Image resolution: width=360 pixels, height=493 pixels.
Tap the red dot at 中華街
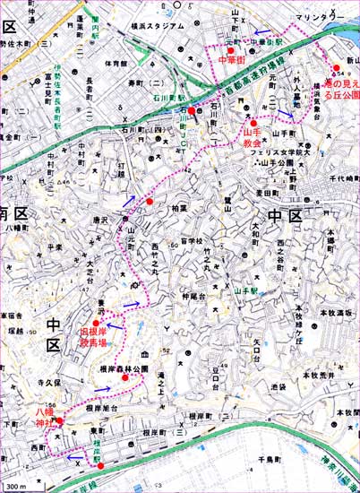point(231,50)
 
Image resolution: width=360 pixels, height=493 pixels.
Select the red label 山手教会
point(252,136)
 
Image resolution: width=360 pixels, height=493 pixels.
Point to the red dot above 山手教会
point(253,123)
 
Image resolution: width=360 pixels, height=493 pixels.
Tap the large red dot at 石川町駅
point(192,110)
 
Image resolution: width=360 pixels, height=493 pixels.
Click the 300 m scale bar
point(14,486)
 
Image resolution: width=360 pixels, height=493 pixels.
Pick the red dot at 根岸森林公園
point(125,376)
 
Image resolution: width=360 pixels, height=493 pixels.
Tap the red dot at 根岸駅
point(100,465)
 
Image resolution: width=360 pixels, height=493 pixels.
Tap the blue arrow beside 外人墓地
point(283,114)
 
